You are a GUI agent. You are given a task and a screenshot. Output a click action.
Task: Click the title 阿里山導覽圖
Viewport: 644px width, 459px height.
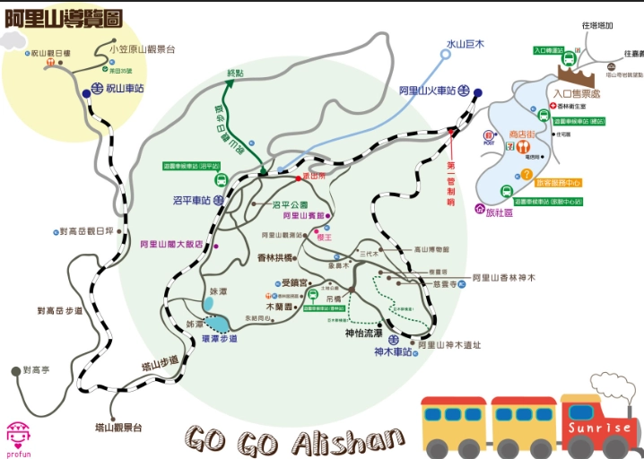(64, 16)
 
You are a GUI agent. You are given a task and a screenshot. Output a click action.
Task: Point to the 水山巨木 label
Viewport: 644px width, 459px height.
(466, 43)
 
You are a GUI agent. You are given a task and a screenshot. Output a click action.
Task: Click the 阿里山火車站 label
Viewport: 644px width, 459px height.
(427, 91)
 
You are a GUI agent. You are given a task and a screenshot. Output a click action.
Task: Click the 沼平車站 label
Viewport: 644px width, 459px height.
(191, 201)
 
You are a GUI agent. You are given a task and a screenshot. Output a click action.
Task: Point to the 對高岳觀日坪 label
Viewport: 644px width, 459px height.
(86, 231)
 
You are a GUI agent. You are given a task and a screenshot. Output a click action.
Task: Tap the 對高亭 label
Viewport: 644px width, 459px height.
(39, 369)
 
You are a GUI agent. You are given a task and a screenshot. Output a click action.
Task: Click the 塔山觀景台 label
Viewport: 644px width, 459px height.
(118, 428)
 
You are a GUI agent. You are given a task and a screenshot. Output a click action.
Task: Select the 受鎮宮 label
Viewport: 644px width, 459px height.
(294, 282)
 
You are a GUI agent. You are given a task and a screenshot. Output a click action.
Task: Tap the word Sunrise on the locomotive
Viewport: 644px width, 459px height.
(599, 428)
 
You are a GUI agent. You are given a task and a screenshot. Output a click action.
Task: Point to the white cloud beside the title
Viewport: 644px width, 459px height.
(13, 40)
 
